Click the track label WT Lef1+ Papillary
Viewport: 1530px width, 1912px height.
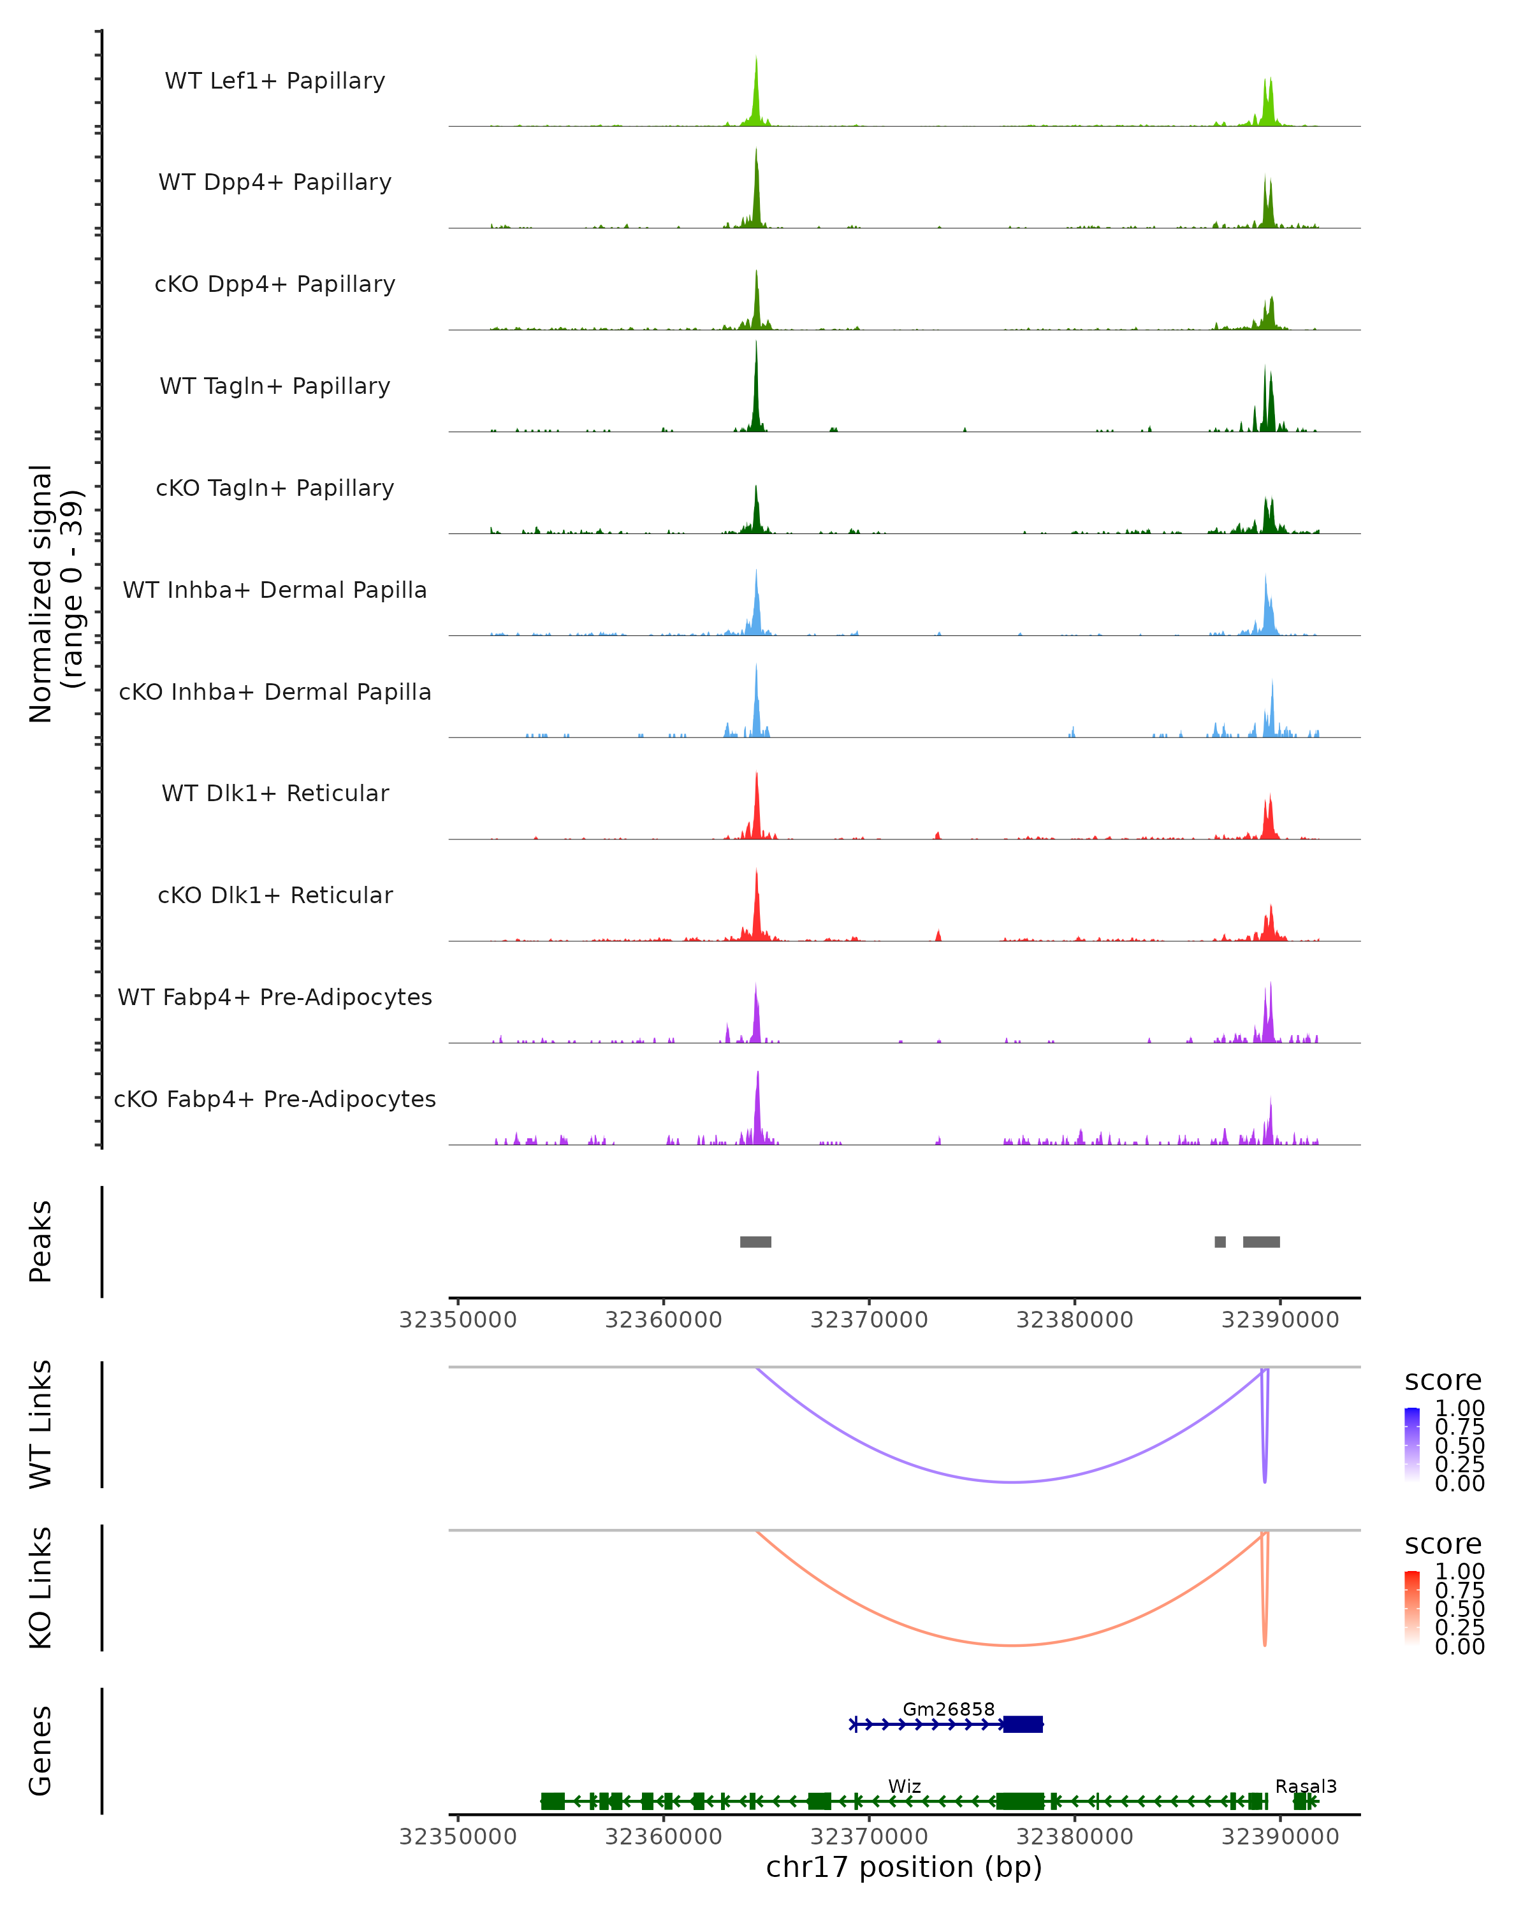tap(275, 81)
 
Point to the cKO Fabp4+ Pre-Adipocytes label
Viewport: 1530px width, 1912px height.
tap(275, 1099)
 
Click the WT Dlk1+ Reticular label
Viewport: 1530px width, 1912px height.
tap(275, 793)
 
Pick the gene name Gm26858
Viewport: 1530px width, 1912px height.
tap(948, 1709)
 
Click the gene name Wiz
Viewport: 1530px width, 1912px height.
tap(905, 1786)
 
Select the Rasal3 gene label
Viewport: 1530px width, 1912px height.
tap(1306, 1786)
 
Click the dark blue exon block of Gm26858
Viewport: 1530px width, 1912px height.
tap(1023, 1724)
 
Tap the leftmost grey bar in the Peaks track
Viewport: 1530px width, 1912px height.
tap(755, 1242)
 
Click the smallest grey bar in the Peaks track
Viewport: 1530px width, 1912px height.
tap(1220, 1242)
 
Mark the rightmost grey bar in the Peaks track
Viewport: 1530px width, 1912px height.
tap(1261, 1242)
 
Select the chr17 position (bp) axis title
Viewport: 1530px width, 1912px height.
tap(904, 1867)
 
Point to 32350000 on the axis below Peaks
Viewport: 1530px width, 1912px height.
tap(458, 1320)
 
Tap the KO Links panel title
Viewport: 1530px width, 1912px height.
tap(41, 1588)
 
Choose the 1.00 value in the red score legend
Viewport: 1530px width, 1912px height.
tap(1460, 1570)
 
